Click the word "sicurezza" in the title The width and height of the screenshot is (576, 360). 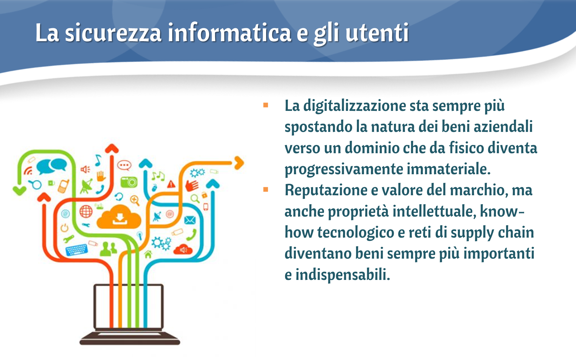pyautogui.click(x=113, y=33)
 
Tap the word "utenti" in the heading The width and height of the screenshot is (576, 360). pyautogui.click(x=377, y=33)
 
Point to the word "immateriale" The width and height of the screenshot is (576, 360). pyautogui.click(x=449, y=169)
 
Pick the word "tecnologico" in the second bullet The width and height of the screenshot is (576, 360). pyautogui.click(x=355, y=233)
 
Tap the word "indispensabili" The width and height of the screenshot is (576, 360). pyautogui.click(x=343, y=274)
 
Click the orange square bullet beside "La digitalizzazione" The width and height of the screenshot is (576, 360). pyautogui.click(x=266, y=105)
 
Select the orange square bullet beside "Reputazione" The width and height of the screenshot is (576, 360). pyautogui.click(x=266, y=190)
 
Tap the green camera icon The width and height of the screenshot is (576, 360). pyautogui.click(x=129, y=182)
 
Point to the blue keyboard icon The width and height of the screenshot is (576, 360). pyautogui.click(x=76, y=250)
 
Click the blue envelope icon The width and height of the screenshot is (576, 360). pyautogui.click(x=190, y=220)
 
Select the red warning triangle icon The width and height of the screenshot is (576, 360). pyautogui.click(x=171, y=184)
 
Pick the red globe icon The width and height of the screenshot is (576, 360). pyautogui.click(x=86, y=211)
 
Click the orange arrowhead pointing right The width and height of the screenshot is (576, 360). pyautogui.click(x=239, y=163)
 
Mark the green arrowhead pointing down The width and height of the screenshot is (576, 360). pyautogui.click(x=20, y=191)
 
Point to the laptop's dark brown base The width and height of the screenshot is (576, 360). pyautogui.click(x=130, y=339)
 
